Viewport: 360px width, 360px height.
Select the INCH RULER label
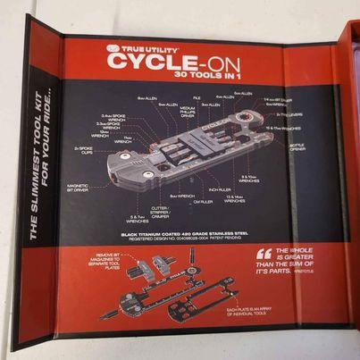coord(220,188)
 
